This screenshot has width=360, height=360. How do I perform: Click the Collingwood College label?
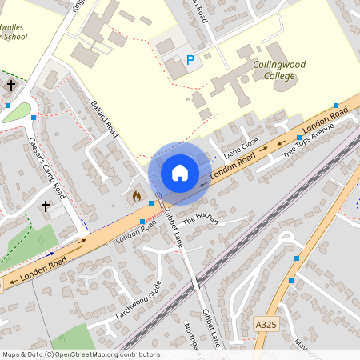click(274, 70)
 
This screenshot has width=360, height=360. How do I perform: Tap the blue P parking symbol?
click(190, 59)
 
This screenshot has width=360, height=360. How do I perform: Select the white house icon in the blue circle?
click(180, 173)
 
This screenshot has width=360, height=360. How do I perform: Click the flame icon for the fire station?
click(136, 194)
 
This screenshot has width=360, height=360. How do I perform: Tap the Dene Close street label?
click(242, 149)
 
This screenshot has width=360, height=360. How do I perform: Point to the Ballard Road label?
click(105, 119)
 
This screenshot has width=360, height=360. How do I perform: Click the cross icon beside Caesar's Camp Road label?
click(46, 206)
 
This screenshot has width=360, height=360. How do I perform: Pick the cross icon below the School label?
click(12, 84)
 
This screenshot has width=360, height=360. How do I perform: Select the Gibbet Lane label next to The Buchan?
click(174, 228)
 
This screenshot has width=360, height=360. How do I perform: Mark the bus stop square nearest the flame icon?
click(151, 203)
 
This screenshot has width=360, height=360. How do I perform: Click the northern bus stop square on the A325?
click(297, 258)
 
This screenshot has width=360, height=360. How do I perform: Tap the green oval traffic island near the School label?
click(16, 113)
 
